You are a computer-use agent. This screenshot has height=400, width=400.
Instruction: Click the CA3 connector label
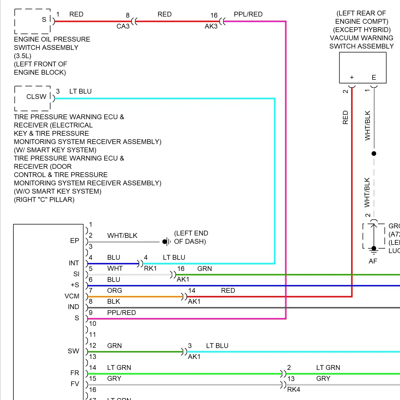[x=123, y=26]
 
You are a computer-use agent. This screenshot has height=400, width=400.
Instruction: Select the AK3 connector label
[x=211, y=26]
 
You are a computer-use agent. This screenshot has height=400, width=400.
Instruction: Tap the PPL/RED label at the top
[x=248, y=14]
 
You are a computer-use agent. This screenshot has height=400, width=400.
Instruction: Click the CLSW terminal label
[x=36, y=97]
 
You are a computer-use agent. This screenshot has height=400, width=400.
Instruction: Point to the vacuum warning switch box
[x=362, y=67]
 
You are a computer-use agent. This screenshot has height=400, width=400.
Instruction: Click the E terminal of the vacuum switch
[x=374, y=78]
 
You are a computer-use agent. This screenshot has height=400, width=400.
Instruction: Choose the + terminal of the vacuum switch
[x=352, y=78]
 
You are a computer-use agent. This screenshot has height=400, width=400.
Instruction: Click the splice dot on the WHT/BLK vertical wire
[x=374, y=154]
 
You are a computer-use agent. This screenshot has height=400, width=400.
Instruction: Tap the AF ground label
[x=373, y=261]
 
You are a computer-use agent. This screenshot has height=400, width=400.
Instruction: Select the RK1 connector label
[x=150, y=269]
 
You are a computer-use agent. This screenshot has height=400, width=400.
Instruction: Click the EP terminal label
[x=75, y=241]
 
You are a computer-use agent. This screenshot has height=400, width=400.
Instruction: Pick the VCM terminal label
[x=72, y=296]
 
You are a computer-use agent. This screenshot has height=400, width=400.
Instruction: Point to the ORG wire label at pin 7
[x=115, y=291]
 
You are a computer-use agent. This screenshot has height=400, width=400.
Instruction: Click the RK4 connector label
[x=294, y=390]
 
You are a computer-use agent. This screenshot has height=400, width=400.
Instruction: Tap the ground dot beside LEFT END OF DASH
[x=165, y=242]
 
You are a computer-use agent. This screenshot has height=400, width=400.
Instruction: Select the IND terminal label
[x=73, y=307]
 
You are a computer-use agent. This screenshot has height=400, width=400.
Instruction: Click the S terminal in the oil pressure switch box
[x=44, y=19]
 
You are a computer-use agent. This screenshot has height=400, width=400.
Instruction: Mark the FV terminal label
[x=75, y=384]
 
